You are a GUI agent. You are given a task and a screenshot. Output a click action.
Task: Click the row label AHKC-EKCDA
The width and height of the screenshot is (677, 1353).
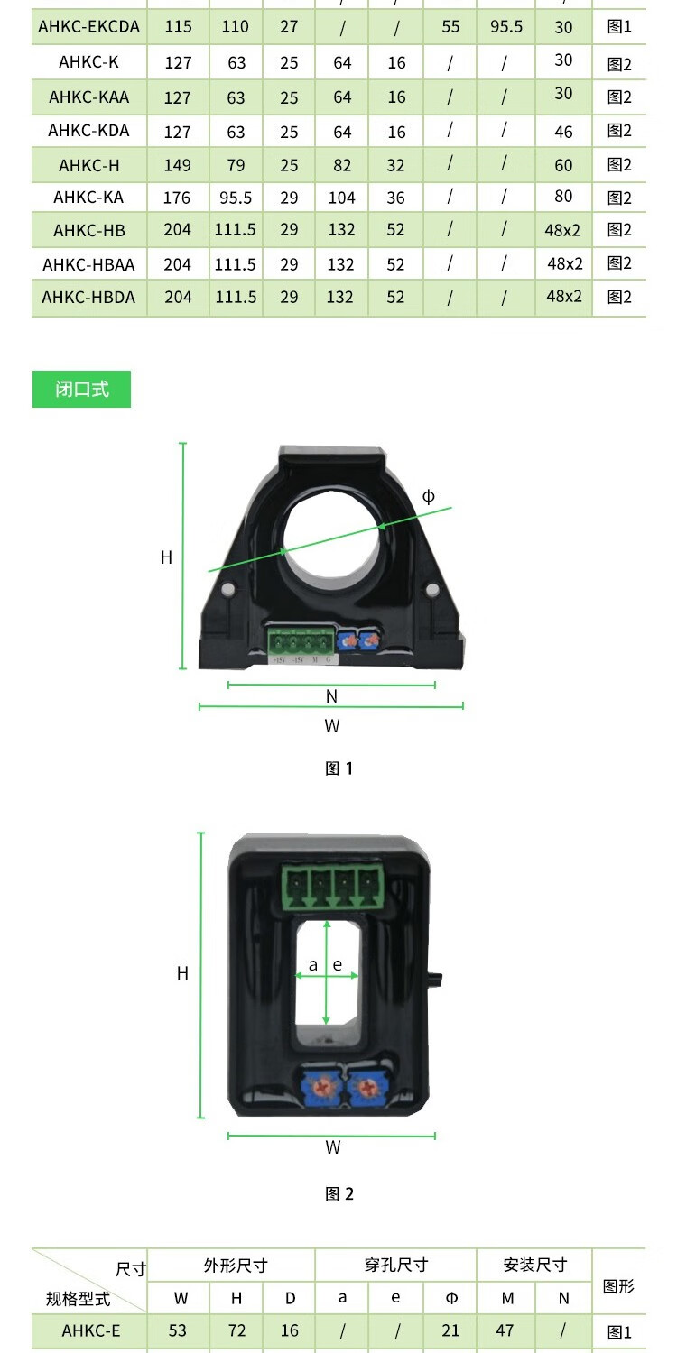coord(88,26)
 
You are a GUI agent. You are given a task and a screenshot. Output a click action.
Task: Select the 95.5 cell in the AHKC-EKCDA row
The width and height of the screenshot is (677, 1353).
coord(505,26)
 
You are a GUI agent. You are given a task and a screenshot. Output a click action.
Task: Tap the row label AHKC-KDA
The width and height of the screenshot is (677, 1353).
coord(88,131)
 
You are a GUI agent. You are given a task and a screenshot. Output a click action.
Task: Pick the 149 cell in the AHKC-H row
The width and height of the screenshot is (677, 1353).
coord(177,165)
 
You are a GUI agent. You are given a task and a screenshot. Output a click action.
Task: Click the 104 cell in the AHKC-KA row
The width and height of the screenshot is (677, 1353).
coord(341,198)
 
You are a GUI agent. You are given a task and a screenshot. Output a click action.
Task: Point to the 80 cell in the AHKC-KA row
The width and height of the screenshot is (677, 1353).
coord(563,197)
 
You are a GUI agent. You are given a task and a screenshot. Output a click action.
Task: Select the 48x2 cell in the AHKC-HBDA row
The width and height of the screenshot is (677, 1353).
coord(564,296)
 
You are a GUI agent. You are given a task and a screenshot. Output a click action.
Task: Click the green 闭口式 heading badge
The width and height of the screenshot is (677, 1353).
coord(81,389)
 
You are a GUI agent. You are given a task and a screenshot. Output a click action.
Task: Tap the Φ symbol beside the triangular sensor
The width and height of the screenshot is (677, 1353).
coord(428,496)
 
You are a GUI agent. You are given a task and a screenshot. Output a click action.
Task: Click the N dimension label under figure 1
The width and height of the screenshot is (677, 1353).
coord(331,696)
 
